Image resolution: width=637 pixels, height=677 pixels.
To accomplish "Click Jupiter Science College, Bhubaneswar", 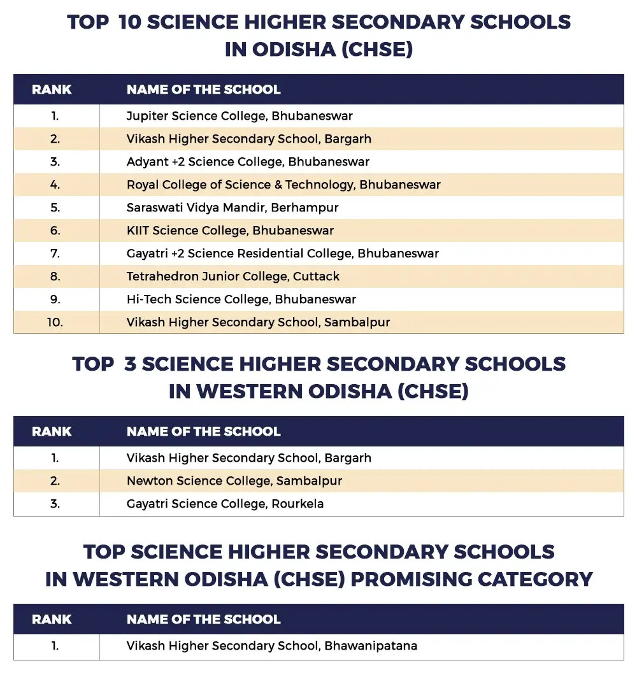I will (240, 116).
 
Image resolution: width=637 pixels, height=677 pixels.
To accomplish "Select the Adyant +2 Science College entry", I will (248, 162).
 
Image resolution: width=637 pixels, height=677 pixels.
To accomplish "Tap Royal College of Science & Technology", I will (283, 185).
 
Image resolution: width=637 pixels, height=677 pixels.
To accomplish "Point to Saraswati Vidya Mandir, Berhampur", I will (233, 208).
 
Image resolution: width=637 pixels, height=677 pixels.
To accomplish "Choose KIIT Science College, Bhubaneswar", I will (230, 231).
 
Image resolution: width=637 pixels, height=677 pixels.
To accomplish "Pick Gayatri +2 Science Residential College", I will (283, 253).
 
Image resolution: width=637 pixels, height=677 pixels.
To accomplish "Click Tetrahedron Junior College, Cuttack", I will (233, 276).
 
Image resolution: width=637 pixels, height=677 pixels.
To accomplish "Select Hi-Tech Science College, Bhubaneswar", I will (241, 299).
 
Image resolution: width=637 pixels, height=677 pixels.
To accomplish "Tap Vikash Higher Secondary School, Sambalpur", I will (258, 322).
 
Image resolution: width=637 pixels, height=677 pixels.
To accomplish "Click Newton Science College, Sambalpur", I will (234, 481).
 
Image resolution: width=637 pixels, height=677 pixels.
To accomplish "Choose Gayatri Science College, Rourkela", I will (225, 504).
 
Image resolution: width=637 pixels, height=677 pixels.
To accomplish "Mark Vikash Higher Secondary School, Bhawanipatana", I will (272, 646).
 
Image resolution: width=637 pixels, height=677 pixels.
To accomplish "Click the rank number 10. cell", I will (55, 322).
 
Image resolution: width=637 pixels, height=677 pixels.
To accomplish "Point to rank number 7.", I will (55, 253).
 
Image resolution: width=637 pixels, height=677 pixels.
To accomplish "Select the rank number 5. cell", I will (55, 208).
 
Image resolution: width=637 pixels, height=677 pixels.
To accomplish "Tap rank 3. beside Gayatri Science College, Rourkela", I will (55, 504).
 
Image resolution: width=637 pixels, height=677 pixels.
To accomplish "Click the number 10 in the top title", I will (132, 22).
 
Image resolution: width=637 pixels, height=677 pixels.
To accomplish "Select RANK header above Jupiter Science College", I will (52, 89).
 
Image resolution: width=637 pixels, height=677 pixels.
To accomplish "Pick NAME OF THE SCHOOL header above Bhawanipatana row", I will (203, 619).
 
